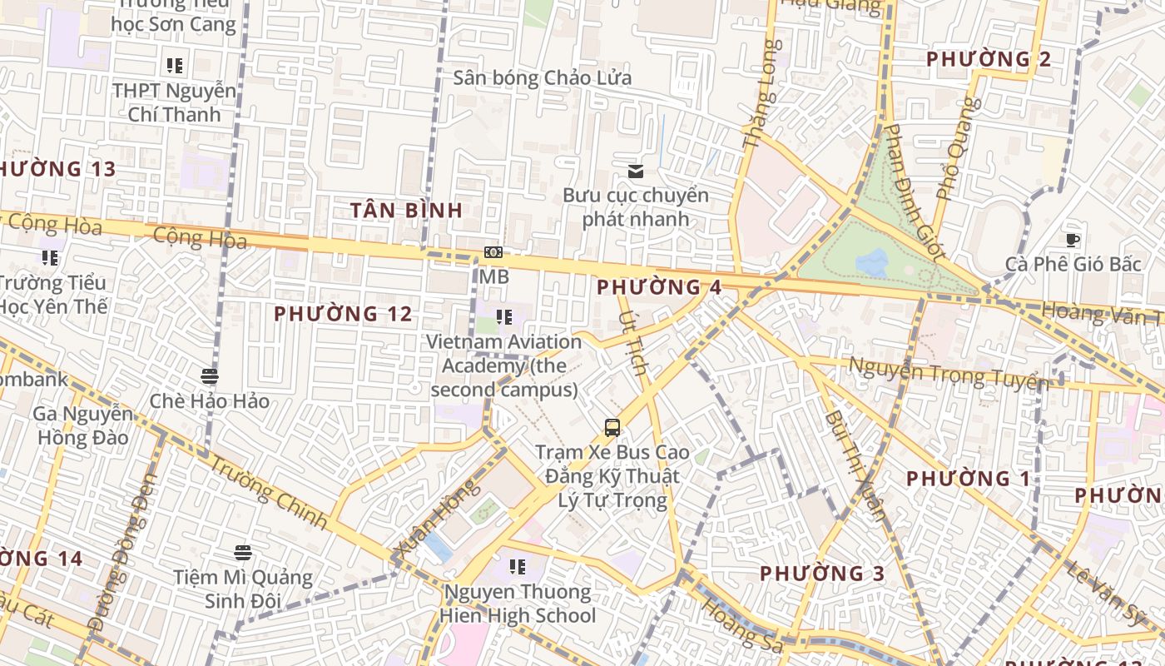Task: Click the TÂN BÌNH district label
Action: tap(406, 211)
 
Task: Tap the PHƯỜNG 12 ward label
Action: tap(343, 314)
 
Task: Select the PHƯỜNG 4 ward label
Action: tap(659, 287)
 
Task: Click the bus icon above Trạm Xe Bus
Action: tap(612, 428)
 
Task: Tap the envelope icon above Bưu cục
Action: tap(636, 171)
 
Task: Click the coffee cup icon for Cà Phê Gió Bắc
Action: tap(1073, 241)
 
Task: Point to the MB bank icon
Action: tap(493, 252)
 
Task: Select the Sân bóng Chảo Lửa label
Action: tap(543, 78)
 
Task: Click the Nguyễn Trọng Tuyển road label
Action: tap(947, 371)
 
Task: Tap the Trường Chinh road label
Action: tap(267, 492)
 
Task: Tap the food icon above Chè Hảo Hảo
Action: tap(210, 376)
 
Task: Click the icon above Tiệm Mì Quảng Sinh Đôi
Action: tap(242, 552)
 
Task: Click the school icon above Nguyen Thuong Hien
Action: tap(518, 567)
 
